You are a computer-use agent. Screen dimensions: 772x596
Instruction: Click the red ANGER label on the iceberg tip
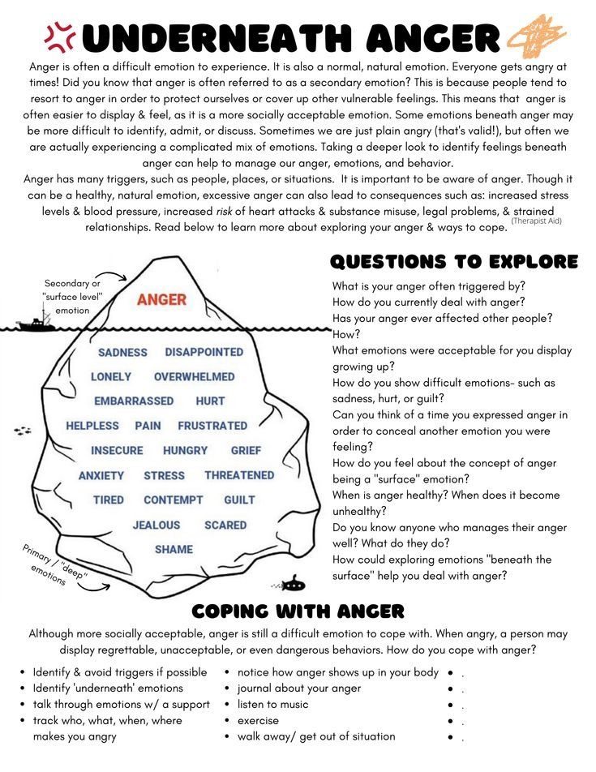tap(161, 299)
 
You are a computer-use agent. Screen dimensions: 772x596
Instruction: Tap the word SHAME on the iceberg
tap(174, 549)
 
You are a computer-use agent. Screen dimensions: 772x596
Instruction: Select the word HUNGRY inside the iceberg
tap(185, 450)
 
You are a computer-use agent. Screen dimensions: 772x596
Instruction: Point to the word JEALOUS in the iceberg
tap(156, 525)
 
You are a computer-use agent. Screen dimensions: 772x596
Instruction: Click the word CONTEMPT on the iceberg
tap(173, 500)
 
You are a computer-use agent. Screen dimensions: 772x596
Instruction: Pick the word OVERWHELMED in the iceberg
tap(194, 376)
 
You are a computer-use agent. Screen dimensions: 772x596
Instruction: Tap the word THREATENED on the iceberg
tap(239, 475)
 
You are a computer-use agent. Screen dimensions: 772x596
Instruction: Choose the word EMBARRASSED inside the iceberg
tap(134, 401)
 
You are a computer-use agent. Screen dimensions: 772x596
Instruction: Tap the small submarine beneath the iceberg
tap(293, 583)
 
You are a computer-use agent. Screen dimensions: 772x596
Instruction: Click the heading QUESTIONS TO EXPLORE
tap(454, 261)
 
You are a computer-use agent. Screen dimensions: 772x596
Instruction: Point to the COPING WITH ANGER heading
tap(298, 611)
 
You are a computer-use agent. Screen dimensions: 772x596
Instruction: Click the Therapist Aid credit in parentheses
tap(537, 221)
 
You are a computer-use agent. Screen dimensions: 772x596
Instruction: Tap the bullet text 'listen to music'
tap(272, 704)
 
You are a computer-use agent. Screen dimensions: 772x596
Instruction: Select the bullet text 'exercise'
tap(258, 720)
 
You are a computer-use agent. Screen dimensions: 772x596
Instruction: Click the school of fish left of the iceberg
tap(22, 431)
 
